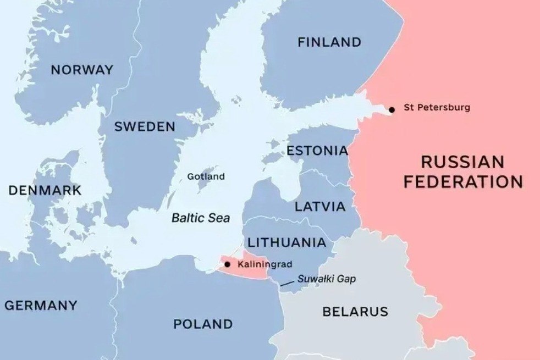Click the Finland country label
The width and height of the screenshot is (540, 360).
329,42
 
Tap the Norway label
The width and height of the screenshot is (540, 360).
82,70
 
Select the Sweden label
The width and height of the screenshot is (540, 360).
145,127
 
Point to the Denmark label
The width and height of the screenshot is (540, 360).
45,191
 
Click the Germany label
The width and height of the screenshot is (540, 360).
41,306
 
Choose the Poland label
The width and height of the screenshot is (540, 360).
203,324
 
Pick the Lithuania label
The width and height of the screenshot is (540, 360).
286,243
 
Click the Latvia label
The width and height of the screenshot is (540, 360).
320,207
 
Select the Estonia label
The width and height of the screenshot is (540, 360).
317,151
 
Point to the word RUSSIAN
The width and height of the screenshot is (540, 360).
462,162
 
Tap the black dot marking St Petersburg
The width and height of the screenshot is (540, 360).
392,110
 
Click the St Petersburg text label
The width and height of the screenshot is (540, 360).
437,108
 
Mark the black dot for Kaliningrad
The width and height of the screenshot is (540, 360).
227,264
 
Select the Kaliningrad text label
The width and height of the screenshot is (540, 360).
265,264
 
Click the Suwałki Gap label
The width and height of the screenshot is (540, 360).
326,279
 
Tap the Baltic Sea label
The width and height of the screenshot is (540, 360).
201,218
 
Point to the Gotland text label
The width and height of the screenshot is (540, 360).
206,176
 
